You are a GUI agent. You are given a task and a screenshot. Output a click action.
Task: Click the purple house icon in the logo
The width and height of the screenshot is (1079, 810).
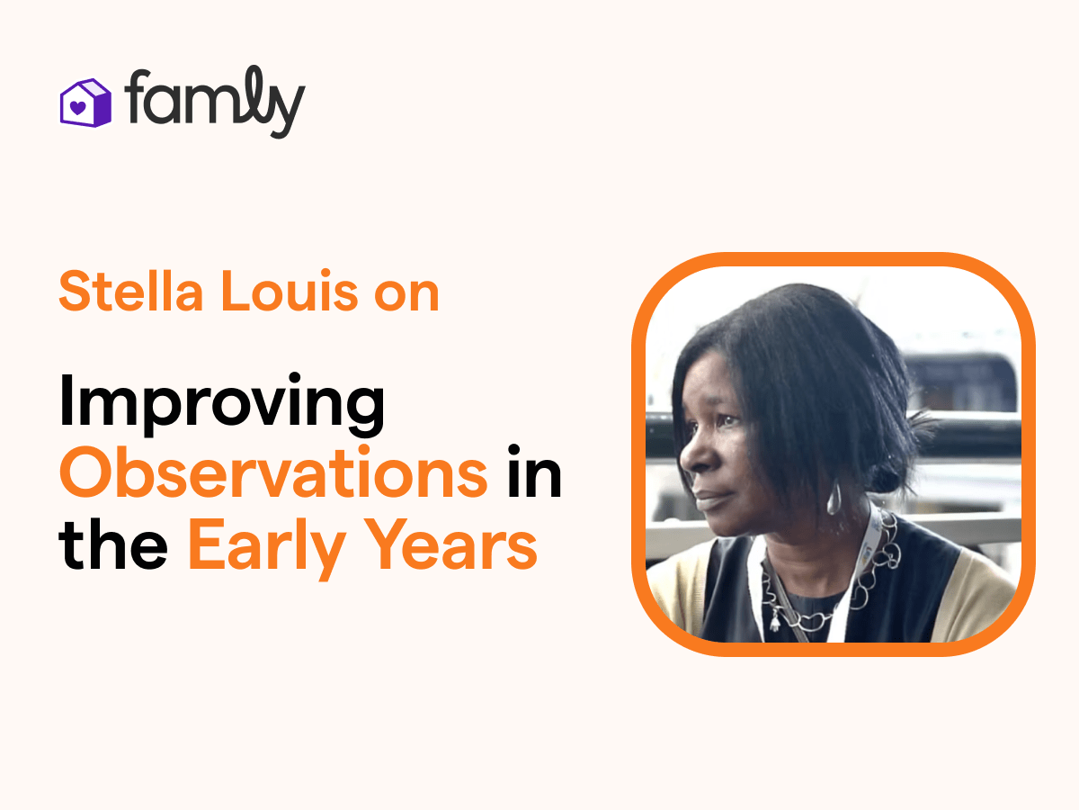point(85,103)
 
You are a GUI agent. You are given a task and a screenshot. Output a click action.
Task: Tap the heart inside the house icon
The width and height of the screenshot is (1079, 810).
point(78,107)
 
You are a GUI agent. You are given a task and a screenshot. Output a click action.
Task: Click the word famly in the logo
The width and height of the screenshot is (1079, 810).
point(215,103)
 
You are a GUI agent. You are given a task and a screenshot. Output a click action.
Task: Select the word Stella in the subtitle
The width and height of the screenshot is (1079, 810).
point(131,291)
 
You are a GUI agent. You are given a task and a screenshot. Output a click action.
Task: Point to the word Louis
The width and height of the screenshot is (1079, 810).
point(290,291)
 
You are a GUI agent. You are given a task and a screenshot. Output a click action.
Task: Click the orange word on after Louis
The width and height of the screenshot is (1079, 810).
point(406,295)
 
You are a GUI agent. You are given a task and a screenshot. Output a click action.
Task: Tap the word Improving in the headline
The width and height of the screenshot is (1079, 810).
point(221,404)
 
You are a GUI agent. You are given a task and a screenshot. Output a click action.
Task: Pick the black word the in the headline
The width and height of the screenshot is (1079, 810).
point(113,544)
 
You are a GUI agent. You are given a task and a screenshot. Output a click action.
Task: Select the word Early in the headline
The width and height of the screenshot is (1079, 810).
point(267,548)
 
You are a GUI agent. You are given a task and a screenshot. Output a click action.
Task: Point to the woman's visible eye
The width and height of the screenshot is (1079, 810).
point(728,421)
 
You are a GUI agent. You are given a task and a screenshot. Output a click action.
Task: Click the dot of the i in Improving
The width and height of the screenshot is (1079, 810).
point(294,378)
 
